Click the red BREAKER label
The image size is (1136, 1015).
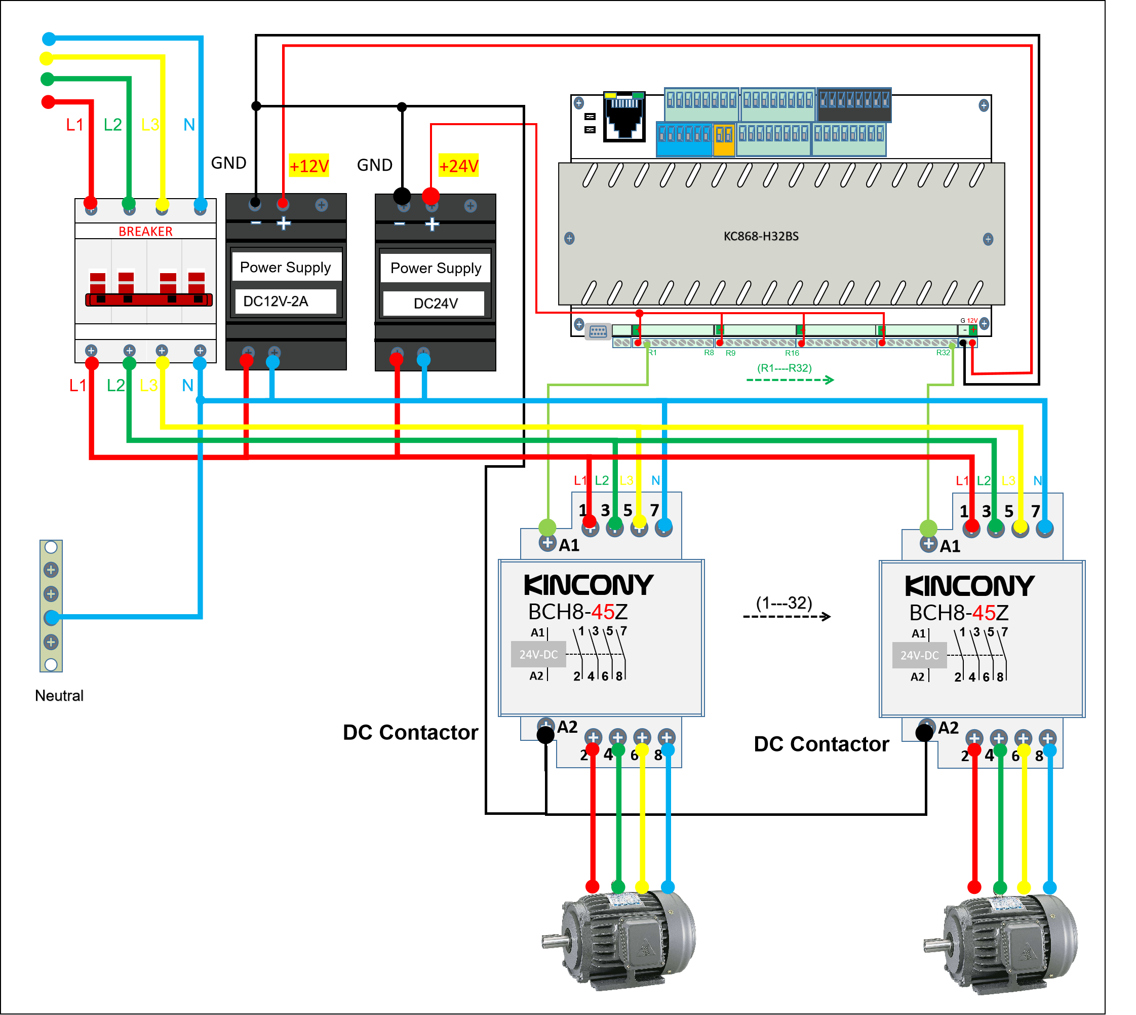(145, 231)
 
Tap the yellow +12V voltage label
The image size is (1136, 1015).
(309, 166)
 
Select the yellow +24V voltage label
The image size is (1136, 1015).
(458, 166)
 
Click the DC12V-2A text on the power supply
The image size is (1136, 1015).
(276, 302)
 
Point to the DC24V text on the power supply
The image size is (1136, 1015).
(436, 304)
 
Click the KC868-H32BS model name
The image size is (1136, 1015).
(760, 236)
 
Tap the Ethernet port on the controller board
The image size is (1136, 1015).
(624, 117)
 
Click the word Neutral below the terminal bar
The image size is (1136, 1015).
(59, 695)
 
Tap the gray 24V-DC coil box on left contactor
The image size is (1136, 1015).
(538, 654)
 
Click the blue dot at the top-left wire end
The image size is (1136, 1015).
(49, 39)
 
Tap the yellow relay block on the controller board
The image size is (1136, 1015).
(724, 134)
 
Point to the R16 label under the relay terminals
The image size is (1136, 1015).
(792, 353)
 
